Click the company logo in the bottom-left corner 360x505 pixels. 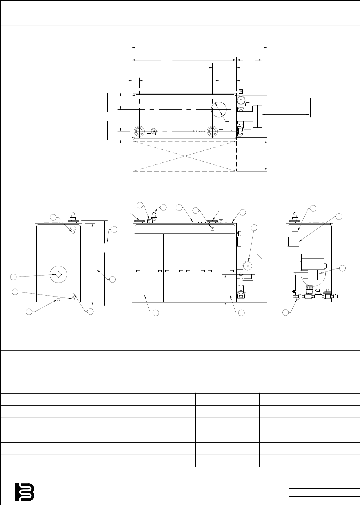[x=25, y=492]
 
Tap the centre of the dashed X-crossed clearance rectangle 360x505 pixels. [x=185, y=156]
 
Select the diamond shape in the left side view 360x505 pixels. [x=58, y=274]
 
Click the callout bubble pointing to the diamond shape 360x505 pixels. [x=13, y=277]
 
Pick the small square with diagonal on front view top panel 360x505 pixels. [x=212, y=228]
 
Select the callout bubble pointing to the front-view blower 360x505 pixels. [x=254, y=227]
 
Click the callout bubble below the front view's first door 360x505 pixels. [x=155, y=313]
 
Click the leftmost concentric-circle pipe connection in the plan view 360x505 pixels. [x=139, y=131]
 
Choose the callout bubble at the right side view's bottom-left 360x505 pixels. [x=286, y=313]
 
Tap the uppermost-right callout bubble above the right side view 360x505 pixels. [x=339, y=216]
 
